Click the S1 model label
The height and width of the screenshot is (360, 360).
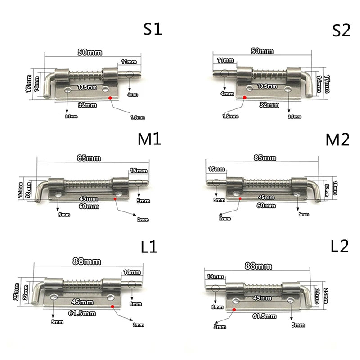(x=152, y=30)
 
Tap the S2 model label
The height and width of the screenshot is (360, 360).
(x=341, y=30)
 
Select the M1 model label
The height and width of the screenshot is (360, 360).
(x=148, y=139)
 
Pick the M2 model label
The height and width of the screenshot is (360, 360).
(x=337, y=140)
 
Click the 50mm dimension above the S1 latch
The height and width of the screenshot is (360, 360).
(x=90, y=52)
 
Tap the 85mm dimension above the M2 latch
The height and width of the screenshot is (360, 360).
(x=265, y=158)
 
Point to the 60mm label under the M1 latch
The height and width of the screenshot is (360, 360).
(x=89, y=207)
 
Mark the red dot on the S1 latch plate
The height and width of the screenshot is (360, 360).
(x=111, y=96)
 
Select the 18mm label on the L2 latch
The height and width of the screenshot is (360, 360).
(x=215, y=276)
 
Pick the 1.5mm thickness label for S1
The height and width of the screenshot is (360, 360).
(x=138, y=117)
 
